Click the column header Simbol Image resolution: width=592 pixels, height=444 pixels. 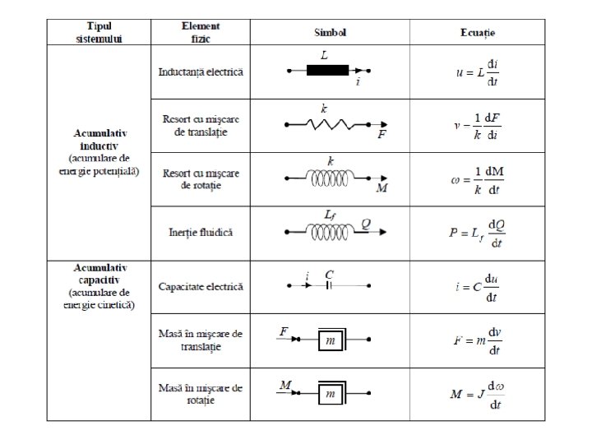tap(330, 32)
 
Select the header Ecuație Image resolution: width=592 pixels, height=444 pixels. tap(478, 32)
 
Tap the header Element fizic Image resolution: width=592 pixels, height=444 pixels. tap(200, 32)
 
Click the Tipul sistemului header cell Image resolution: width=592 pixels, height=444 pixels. tap(98, 32)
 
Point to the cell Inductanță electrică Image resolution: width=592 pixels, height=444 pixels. tap(201, 72)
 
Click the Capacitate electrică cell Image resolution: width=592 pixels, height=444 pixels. tap(201, 286)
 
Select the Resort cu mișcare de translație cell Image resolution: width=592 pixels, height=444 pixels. tap(201, 125)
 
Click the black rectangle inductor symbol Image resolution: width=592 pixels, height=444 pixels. tap(328, 72)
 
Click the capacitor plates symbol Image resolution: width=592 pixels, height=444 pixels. tap(330, 285)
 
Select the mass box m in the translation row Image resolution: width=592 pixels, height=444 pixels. tap(329, 340)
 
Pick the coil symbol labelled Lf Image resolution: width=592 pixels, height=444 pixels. tap(330, 231)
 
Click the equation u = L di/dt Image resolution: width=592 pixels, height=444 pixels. tap(478, 72)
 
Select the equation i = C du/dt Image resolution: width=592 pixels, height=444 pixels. tap(478, 286)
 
